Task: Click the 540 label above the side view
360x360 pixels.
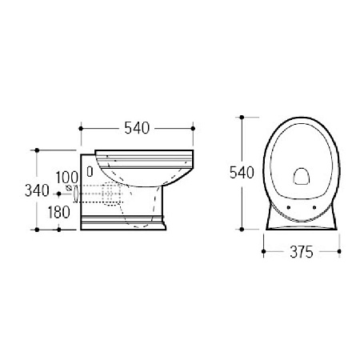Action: point(137,128)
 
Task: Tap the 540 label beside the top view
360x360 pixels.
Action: point(242,173)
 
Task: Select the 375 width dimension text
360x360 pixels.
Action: point(302,252)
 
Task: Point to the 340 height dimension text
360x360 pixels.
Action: point(37,190)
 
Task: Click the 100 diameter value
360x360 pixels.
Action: point(66,177)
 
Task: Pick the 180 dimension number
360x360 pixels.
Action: point(58,212)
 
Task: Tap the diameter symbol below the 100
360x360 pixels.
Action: point(69,188)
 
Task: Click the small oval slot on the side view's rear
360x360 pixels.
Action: point(90,172)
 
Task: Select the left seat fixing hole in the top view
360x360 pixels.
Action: point(289,207)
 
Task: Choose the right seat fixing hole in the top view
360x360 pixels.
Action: point(314,207)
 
